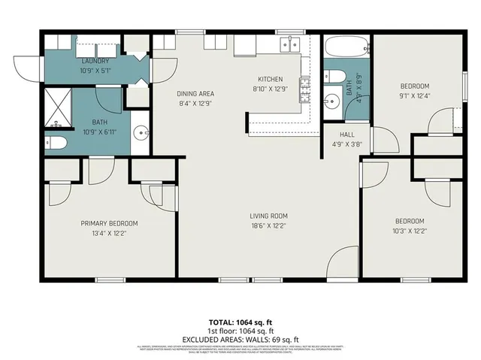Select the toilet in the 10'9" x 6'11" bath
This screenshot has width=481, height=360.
(56, 143)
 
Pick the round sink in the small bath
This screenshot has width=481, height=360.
(331, 101)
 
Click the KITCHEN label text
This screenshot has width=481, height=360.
(270, 79)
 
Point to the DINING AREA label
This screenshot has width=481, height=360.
(192, 93)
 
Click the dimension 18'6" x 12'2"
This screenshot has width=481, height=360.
(268, 225)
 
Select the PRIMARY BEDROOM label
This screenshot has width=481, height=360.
(110, 223)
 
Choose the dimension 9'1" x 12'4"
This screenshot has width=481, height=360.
(414, 95)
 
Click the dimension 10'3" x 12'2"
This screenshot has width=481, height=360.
(410, 231)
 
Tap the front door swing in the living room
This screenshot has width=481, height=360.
(344, 265)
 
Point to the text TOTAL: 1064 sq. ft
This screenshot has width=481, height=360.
(240, 322)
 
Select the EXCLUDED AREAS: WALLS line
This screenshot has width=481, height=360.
(240, 339)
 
